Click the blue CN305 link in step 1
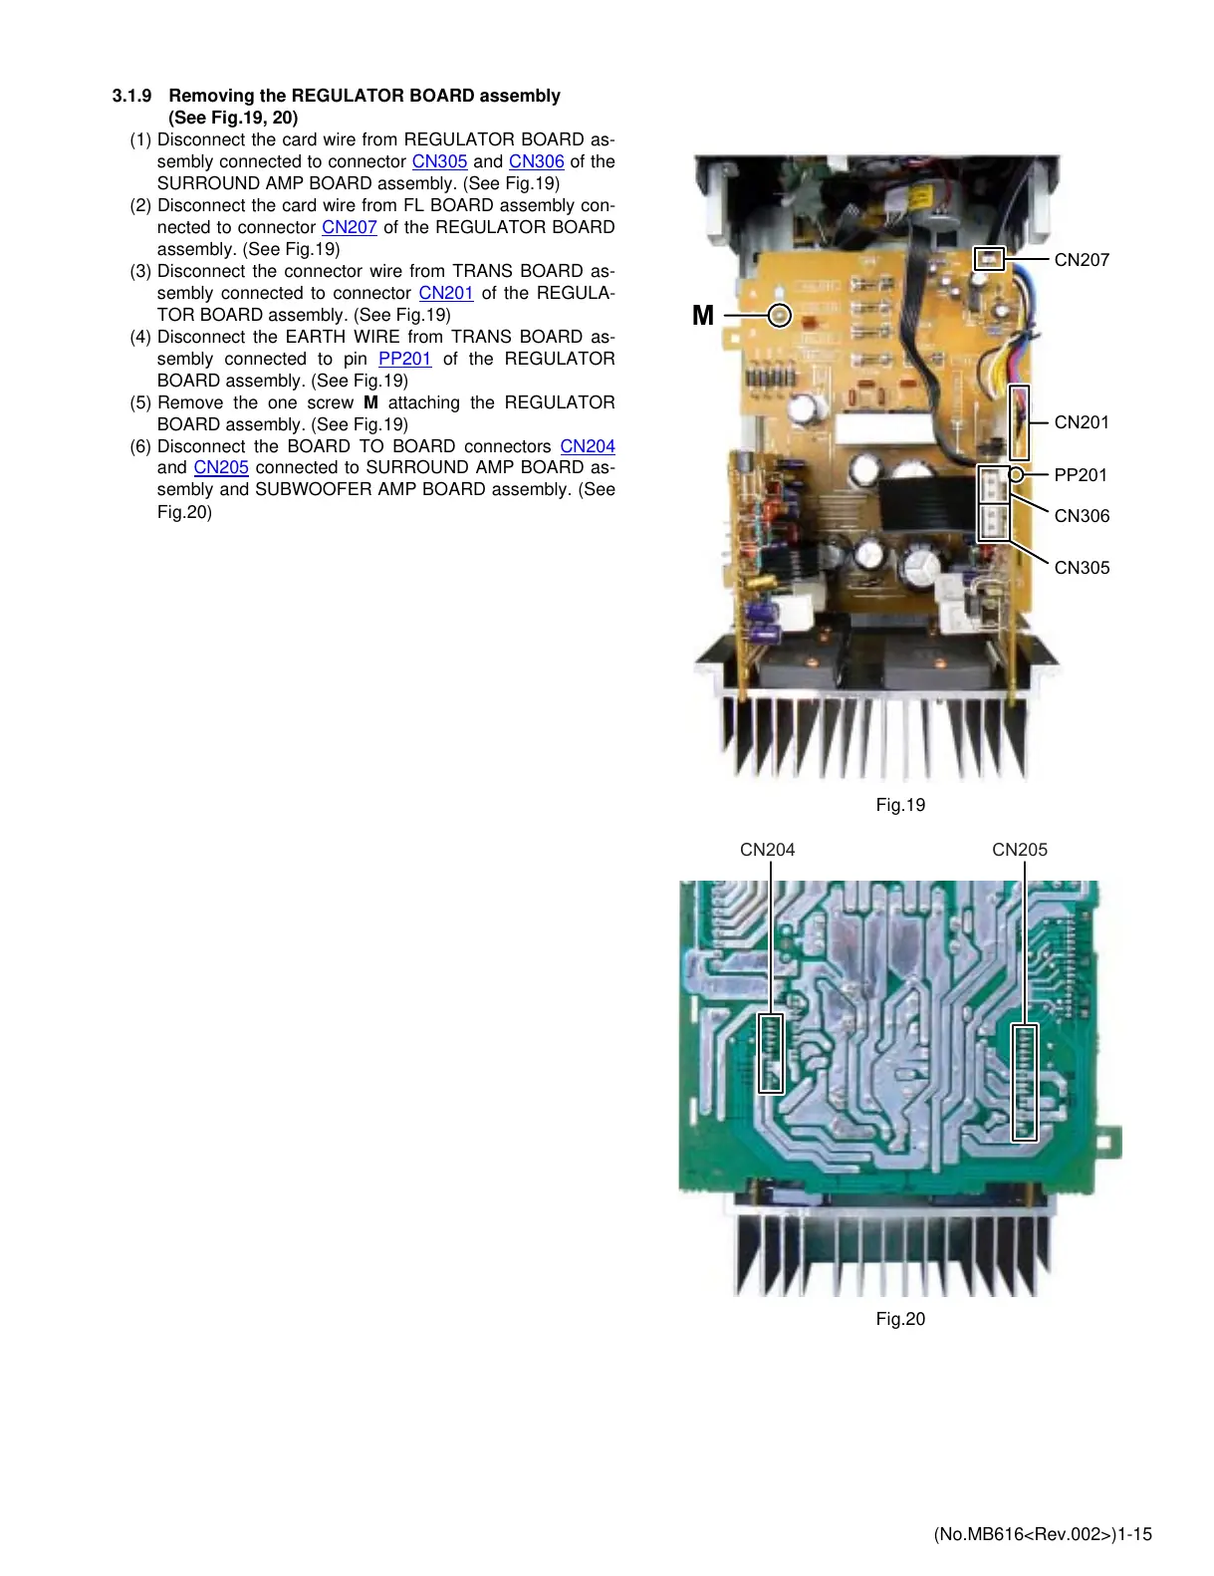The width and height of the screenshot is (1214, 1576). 439,161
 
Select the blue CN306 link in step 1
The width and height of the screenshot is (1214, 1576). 536,161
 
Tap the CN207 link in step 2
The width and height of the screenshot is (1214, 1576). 350,227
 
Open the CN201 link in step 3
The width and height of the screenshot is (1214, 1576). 446,293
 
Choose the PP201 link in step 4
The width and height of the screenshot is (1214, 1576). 404,359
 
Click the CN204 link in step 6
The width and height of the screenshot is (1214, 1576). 588,446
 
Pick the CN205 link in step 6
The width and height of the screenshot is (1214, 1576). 221,467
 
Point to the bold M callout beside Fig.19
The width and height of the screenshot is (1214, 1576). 703,316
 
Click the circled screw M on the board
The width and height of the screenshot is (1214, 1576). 781,316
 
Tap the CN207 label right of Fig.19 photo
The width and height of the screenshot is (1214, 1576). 1082,260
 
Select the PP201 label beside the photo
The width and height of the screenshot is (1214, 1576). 1081,475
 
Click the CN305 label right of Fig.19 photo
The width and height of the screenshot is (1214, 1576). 1082,568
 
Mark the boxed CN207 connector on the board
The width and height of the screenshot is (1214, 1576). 989,259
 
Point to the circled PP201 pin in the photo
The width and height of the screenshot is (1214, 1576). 1016,475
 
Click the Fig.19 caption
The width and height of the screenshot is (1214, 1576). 900,805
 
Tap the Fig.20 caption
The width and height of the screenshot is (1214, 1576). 900,1319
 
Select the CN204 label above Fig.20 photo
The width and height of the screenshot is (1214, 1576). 767,850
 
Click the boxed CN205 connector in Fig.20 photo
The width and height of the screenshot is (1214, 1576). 1025,1082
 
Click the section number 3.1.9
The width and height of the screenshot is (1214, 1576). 131,96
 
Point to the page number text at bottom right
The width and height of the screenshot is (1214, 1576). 1043,1534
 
